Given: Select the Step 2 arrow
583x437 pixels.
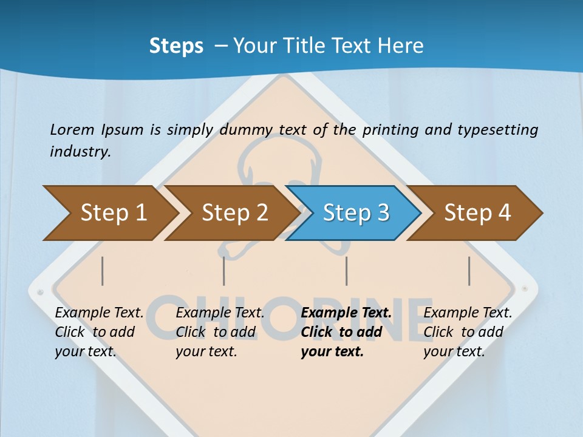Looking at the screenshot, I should point(234,213).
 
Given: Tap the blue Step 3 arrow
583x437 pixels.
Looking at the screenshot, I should point(355,213).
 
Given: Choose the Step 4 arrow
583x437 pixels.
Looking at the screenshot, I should point(477,213).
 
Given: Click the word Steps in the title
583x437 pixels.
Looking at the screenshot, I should point(176,46).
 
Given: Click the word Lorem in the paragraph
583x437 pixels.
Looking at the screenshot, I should point(72,130).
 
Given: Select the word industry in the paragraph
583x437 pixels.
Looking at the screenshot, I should point(80,152).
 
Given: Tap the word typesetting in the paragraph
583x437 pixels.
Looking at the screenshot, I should point(497,130).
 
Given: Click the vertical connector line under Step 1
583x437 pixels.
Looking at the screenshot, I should point(103,271).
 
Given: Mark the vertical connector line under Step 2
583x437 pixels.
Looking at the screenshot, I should point(224,271).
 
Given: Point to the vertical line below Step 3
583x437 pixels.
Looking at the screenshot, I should point(346,271).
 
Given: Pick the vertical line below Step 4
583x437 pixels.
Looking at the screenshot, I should point(469,271).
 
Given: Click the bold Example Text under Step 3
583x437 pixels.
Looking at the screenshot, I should point(346,313).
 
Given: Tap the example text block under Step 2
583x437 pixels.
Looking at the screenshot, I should point(219,332).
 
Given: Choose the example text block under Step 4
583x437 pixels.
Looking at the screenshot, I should point(467,332).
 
